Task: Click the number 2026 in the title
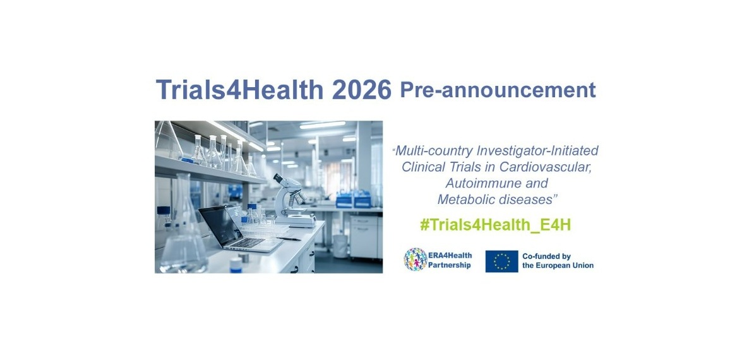(x=362, y=90)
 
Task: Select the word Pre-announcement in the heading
(x=498, y=90)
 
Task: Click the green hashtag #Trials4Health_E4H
(x=495, y=225)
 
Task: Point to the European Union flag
(x=501, y=261)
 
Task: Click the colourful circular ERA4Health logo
(x=416, y=260)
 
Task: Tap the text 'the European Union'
(x=558, y=265)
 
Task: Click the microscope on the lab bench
(x=291, y=201)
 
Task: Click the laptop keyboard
(x=248, y=243)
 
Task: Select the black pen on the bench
(x=289, y=239)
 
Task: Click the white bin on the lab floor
(x=340, y=246)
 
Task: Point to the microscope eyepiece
(x=278, y=178)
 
